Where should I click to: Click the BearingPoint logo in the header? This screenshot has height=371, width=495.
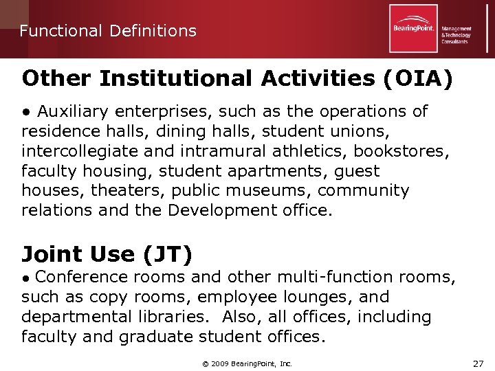413,28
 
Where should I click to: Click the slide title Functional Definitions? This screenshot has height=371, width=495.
108,31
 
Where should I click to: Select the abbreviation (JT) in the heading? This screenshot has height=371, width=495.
167,254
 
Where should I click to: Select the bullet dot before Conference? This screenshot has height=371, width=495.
25,278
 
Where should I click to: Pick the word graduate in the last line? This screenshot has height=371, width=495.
157,337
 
